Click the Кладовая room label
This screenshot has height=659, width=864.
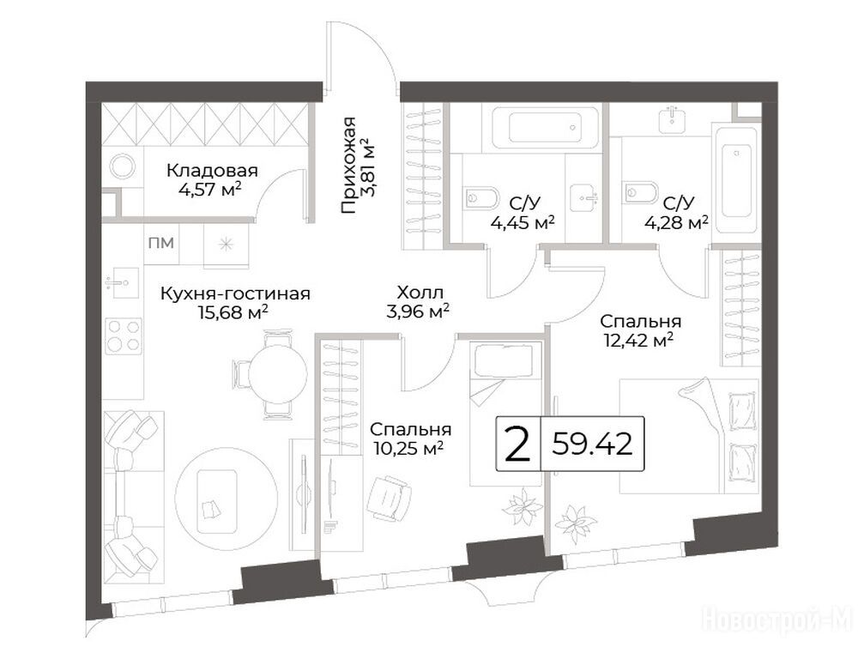click(x=212, y=170)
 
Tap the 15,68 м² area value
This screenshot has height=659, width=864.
click(x=233, y=312)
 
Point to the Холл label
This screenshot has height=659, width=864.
click(x=420, y=293)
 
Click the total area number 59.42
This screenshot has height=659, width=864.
click(x=592, y=444)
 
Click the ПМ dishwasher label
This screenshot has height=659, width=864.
click(x=161, y=243)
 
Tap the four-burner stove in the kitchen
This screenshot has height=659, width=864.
click(x=124, y=336)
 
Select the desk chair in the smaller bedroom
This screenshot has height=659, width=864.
click(x=390, y=498)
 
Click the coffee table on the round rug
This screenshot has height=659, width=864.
click(x=218, y=501)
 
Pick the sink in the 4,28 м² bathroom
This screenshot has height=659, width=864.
click(x=672, y=116)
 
